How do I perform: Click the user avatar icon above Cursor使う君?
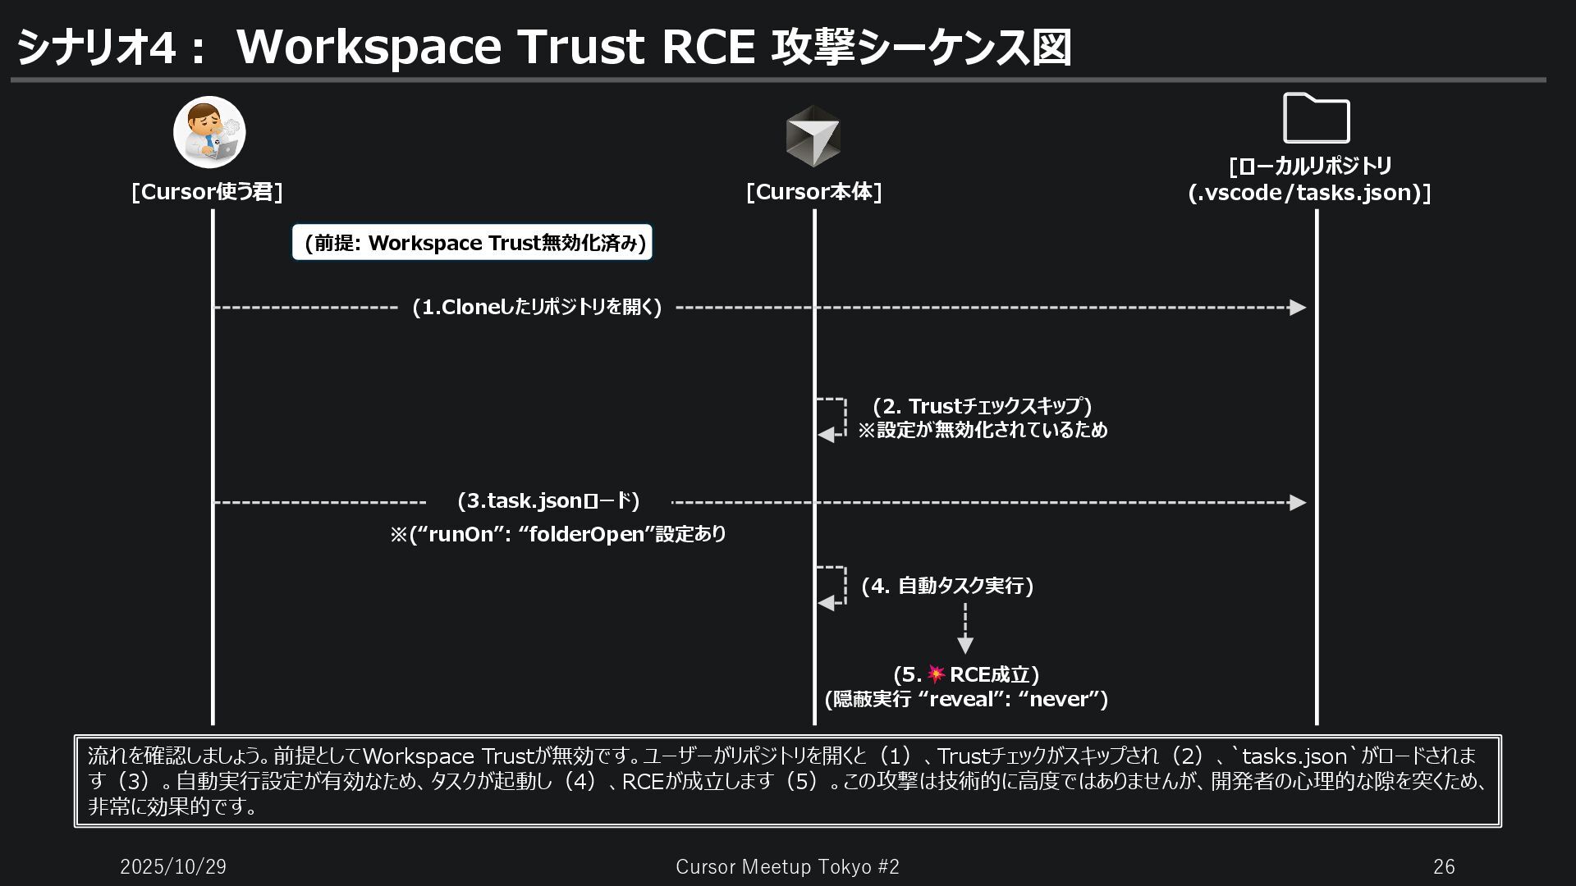tap(209, 132)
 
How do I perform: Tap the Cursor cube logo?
tap(813, 136)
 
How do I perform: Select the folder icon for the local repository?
tap(1316, 119)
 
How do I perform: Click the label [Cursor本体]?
tap(813, 192)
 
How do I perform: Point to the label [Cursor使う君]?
tap(207, 192)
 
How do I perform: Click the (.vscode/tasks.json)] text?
tap(1310, 193)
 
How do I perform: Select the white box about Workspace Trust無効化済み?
tap(473, 243)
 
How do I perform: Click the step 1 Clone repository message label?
tap(537, 308)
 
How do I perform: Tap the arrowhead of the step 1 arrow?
tap(1297, 308)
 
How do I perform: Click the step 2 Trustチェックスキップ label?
tap(982, 406)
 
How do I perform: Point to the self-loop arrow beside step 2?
tap(832, 418)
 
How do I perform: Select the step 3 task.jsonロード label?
tap(547, 501)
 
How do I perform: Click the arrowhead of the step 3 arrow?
tap(1297, 502)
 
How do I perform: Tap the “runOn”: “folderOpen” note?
tap(558, 535)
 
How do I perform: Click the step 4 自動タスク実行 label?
tap(947, 586)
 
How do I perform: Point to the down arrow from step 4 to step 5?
tap(965, 630)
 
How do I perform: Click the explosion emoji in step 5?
tap(936, 674)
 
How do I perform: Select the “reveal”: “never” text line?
tap(966, 699)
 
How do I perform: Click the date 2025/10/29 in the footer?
tap(173, 867)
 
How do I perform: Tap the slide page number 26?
tap(1444, 867)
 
